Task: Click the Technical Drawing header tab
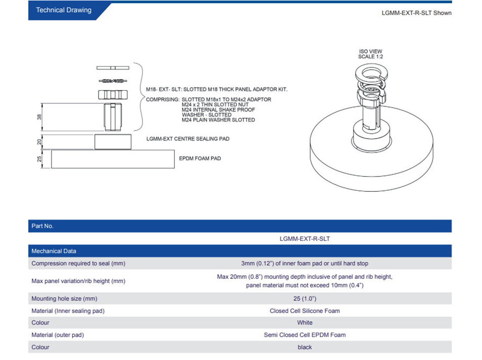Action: [64, 10]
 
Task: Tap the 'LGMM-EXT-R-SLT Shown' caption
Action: [416, 13]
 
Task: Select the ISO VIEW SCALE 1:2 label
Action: [370, 54]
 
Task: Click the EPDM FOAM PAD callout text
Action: [200, 159]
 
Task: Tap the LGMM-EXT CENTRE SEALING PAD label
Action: [187, 138]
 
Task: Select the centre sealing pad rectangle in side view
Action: [112, 142]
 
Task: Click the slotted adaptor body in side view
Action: [112, 117]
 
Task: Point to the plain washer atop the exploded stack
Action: [112, 68]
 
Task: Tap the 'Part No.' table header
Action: [42, 226]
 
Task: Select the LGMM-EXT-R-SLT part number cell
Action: [305, 239]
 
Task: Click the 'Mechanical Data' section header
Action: [54, 251]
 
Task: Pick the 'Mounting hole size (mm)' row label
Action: [64, 299]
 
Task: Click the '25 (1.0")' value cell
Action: [305, 299]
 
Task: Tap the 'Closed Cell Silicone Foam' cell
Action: [305, 311]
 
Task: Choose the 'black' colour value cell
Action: [305, 347]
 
